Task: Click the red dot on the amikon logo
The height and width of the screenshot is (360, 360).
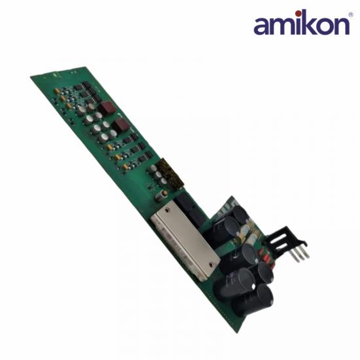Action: tap(298, 13)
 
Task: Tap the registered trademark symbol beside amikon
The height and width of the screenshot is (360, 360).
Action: tap(351, 15)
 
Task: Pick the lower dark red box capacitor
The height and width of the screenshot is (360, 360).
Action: tap(122, 125)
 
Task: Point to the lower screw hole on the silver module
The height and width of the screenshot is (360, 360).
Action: tap(211, 265)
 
